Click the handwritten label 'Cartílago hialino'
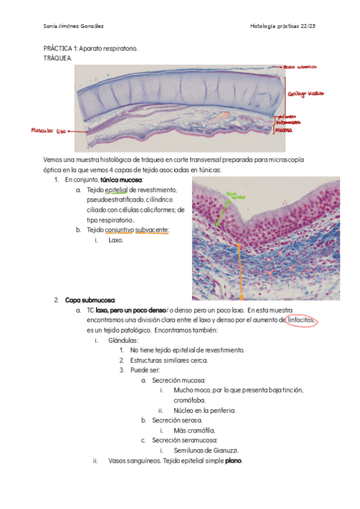click(x=305, y=94)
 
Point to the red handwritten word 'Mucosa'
click(x=284, y=130)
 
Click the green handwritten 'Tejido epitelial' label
click(x=232, y=195)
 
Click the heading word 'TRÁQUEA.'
click(x=58, y=58)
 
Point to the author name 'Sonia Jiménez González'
click(x=74, y=26)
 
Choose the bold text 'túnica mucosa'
click(x=121, y=179)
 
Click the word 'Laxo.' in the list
click(x=116, y=240)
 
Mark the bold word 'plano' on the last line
click(x=233, y=461)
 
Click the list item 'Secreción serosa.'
click(x=179, y=420)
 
